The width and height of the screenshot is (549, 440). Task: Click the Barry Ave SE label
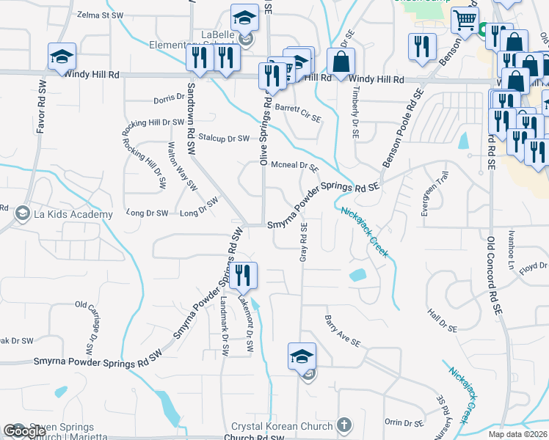pyautogui.click(x=343, y=331)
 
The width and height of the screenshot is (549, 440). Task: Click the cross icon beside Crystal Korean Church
pyautogui.click(x=345, y=425)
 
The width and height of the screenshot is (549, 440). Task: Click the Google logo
pyautogui.click(x=25, y=431)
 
